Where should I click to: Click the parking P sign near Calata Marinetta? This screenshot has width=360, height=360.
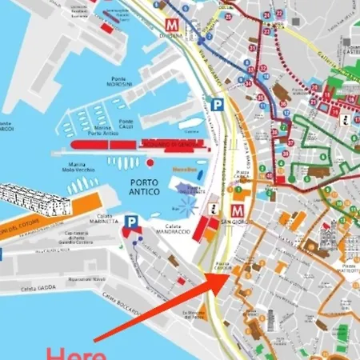[x=132, y=222]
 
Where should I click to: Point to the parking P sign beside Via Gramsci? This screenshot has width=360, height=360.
[x=216, y=104]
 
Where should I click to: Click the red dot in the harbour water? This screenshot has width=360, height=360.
[x=150, y=162]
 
